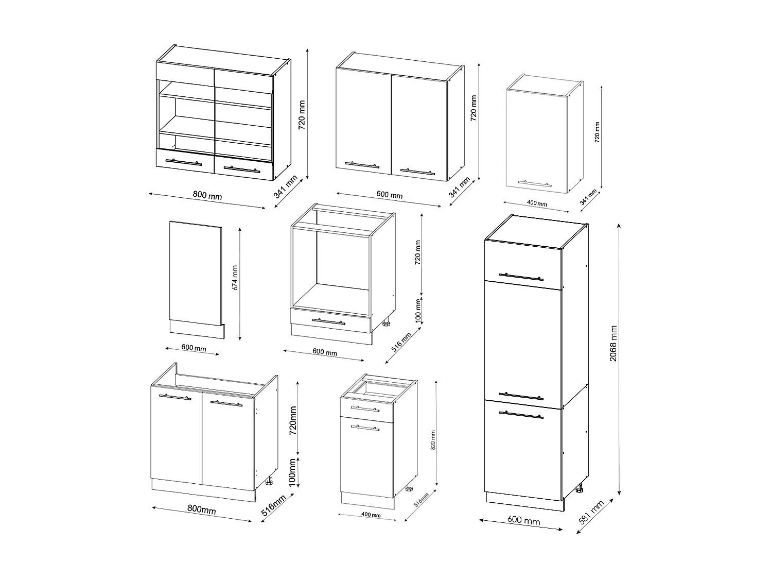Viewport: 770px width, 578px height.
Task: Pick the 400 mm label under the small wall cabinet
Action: (537, 203)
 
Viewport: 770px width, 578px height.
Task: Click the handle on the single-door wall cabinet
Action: (537, 183)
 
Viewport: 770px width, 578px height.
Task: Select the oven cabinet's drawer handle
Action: (328, 322)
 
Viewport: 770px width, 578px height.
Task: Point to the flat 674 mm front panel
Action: (196, 273)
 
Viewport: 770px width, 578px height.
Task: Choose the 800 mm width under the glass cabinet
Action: (207, 195)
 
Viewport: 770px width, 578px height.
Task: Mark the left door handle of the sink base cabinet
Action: (175, 397)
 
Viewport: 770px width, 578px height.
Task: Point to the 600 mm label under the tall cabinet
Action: (524, 521)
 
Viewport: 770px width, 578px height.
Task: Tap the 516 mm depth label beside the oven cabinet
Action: (401, 342)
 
